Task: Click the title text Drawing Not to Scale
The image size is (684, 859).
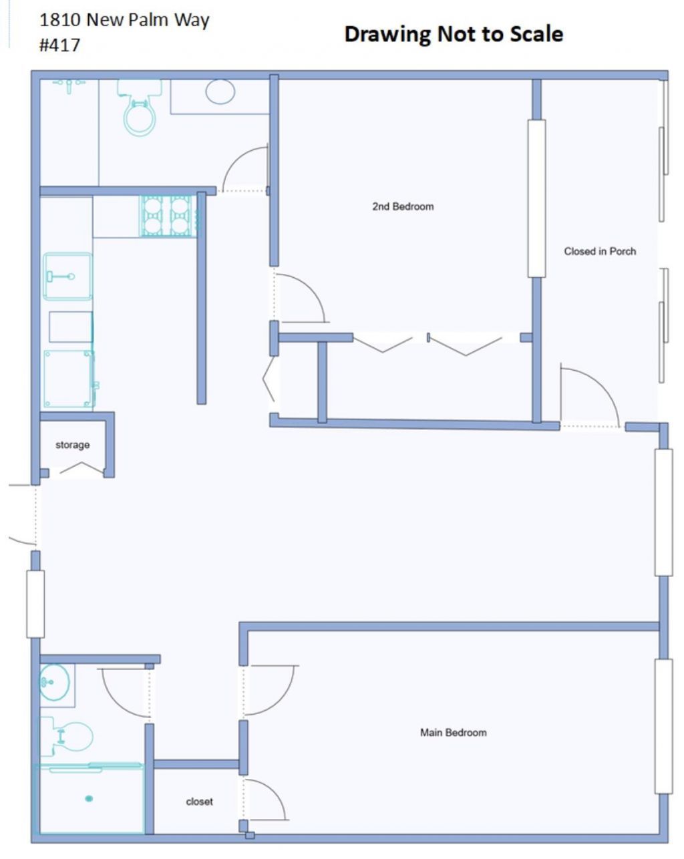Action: tap(453, 34)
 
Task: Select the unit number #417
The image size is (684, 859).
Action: tap(60, 45)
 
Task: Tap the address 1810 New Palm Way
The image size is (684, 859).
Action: tap(124, 20)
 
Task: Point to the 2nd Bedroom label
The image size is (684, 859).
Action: tap(403, 206)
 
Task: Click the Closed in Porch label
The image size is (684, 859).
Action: tap(600, 251)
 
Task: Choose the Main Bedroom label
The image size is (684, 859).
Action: tap(453, 732)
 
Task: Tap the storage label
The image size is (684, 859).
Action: tap(72, 445)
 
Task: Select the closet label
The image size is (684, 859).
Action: tap(199, 802)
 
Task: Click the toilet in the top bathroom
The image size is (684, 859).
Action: tap(140, 110)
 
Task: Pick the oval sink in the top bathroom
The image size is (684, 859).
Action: tap(220, 92)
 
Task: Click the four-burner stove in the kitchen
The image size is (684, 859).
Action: tap(166, 216)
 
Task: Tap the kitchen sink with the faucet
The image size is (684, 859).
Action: tap(67, 277)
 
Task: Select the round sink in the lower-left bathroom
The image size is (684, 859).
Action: tap(54, 682)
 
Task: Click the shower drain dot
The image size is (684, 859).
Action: tap(89, 798)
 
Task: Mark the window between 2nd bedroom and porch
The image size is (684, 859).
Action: tap(536, 198)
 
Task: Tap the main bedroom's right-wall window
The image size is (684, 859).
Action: tap(663, 726)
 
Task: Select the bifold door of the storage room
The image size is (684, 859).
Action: tap(81, 470)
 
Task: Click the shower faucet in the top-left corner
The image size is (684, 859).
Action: tap(68, 83)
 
